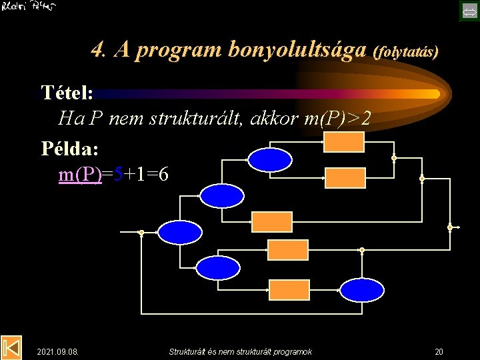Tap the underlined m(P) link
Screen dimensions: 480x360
pyautogui.click(x=80, y=175)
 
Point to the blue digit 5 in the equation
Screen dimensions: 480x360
pyautogui.click(x=118, y=175)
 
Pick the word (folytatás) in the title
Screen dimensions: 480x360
pyautogui.click(x=407, y=51)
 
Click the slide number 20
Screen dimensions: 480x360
pyautogui.click(x=439, y=351)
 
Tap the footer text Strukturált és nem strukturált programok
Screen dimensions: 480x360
pyautogui.click(x=240, y=351)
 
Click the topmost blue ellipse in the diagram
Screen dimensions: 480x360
pyautogui.click(x=269, y=160)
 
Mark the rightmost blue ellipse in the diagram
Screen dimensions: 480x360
pyautogui.click(x=362, y=289)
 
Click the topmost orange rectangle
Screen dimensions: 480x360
pyautogui.click(x=344, y=141)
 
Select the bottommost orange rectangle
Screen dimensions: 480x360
pyautogui.click(x=289, y=289)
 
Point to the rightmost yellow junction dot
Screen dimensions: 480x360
pyautogui.click(x=450, y=227)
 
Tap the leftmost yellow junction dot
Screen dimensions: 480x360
pyautogui.click(x=141, y=233)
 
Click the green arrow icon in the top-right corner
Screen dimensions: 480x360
pyautogui.click(x=469, y=10)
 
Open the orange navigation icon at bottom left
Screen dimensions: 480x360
pyautogui.click(x=11, y=347)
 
